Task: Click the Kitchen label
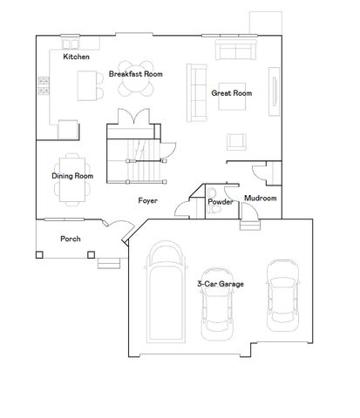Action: point(76,57)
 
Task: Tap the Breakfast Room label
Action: point(135,74)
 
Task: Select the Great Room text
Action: point(231,93)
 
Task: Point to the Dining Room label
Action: point(72,176)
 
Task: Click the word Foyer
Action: point(147,201)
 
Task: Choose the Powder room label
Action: point(219,202)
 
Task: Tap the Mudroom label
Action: point(260,199)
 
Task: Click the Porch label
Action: point(71,239)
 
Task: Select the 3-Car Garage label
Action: point(220,284)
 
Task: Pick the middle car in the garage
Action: point(218,305)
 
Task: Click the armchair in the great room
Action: point(236,141)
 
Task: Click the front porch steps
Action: point(107,262)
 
